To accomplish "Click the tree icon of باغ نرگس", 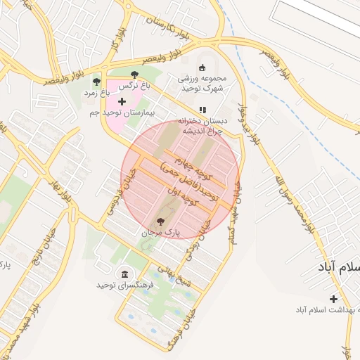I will click(134, 74).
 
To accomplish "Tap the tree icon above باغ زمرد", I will click(97, 82).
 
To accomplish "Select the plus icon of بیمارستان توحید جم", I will click(122, 102).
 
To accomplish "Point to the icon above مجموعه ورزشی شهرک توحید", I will click(202, 67).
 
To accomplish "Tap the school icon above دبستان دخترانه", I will click(202, 110).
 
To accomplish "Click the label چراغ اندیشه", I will click(203, 130).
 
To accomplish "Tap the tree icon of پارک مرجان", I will click(161, 221).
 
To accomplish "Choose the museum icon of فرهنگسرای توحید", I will click(125, 274).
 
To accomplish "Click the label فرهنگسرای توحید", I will click(120, 285).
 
